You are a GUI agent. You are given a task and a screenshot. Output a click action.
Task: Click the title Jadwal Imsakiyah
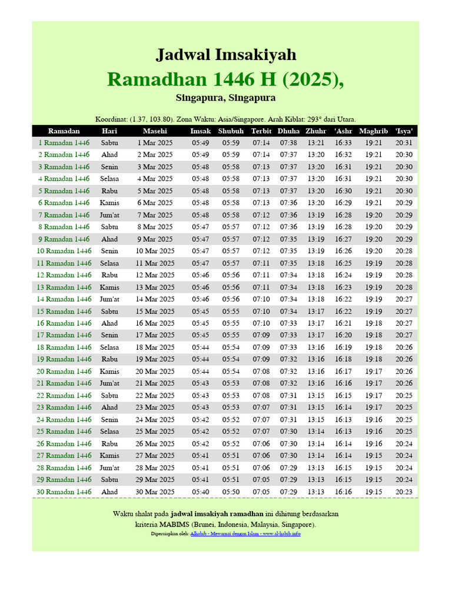pos(225,55)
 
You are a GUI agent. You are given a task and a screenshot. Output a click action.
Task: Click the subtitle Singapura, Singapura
pos(225,98)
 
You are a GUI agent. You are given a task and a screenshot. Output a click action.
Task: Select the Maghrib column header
pos(373,131)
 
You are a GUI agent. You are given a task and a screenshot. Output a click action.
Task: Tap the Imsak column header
pos(200,131)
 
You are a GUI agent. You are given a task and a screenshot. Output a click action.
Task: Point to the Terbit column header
pos(261,131)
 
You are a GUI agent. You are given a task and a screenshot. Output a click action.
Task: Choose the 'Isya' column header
pos(404,131)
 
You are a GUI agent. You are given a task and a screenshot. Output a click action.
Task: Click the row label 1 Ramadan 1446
pos(64,143)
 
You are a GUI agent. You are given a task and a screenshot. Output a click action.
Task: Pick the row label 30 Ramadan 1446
pos(64,492)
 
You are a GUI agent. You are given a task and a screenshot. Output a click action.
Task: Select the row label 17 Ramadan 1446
pos(64,335)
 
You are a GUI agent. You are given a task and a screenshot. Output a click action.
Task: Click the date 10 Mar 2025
pos(155,251)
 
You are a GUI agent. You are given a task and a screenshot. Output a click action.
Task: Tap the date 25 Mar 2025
pos(155,432)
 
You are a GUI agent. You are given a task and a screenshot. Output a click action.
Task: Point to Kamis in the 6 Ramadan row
pos(109,203)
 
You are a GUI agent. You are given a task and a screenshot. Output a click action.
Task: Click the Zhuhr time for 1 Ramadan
pos(316,143)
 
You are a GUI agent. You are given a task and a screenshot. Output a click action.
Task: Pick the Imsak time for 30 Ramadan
pos(200,492)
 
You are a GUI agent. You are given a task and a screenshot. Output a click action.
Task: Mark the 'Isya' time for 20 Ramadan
pos(404,372)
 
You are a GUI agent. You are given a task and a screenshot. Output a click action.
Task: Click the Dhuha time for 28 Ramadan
pos(288,468)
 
